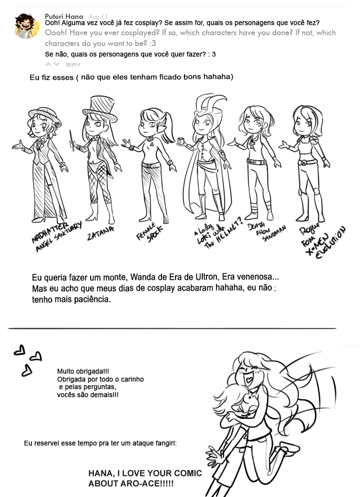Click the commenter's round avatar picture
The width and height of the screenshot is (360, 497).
pyautogui.click(x=27, y=26)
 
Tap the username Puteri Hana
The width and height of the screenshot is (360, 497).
pyautogui.click(x=64, y=16)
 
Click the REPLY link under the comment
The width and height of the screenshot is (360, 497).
pyautogui.click(x=73, y=65)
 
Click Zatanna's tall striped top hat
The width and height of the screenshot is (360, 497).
pyautogui.click(x=100, y=109)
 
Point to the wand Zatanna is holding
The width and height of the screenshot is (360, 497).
pyautogui.click(x=72, y=140)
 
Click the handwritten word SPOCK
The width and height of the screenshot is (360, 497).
pyautogui.click(x=155, y=235)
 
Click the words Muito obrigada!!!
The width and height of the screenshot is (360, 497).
pyautogui.click(x=83, y=371)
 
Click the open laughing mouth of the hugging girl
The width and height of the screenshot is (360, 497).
pyautogui.click(x=250, y=379)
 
